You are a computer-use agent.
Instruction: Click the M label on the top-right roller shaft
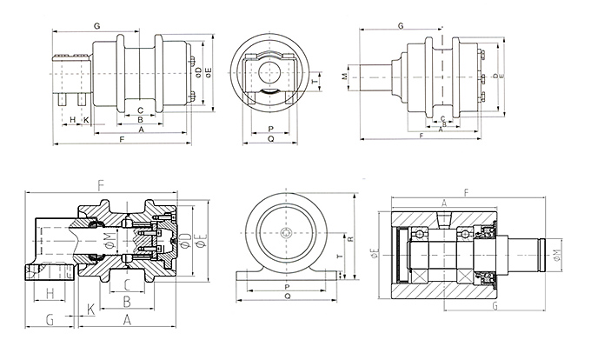pyautogui.click(x=345, y=77)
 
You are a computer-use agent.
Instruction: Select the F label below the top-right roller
pyautogui.click(x=421, y=137)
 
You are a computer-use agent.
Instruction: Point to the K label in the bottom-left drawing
pyautogui.click(x=90, y=310)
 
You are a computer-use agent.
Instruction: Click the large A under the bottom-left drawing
pyautogui.click(x=127, y=320)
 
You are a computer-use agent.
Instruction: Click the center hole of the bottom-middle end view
pyautogui.click(x=286, y=232)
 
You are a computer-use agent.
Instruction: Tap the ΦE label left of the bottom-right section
pyautogui.click(x=375, y=254)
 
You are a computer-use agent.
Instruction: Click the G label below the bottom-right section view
pyautogui.click(x=494, y=307)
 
